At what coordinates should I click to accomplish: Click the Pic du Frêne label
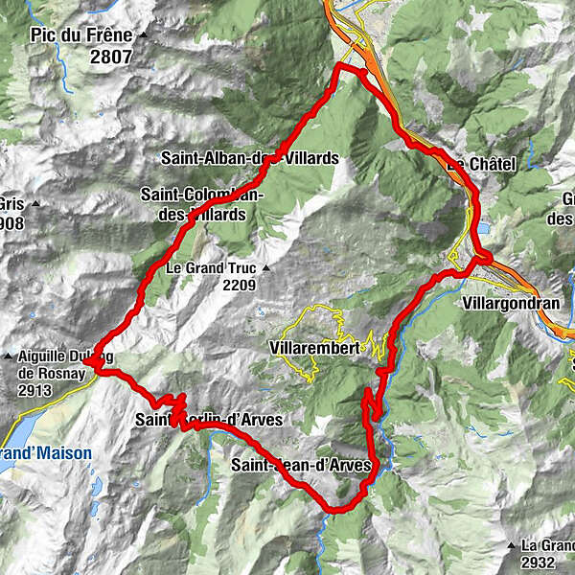pyautogui.click(x=80, y=35)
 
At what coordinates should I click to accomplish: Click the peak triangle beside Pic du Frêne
pyautogui.click(x=143, y=35)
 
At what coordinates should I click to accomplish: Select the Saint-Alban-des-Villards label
pyautogui.click(x=249, y=158)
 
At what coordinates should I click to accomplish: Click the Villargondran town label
pyautogui.click(x=509, y=302)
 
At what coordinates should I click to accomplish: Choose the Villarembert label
pyautogui.click(x=315, y=348)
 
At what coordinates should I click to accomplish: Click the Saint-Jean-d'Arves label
pyautogui.click(x=301, y=467)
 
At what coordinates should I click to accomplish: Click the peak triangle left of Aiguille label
pyautogui.click(x=9, y=356)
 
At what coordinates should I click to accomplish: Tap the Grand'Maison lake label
pyautogui.click(x=46, y=453)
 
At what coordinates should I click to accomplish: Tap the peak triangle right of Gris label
pyautogui.click(x=34, y=203)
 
